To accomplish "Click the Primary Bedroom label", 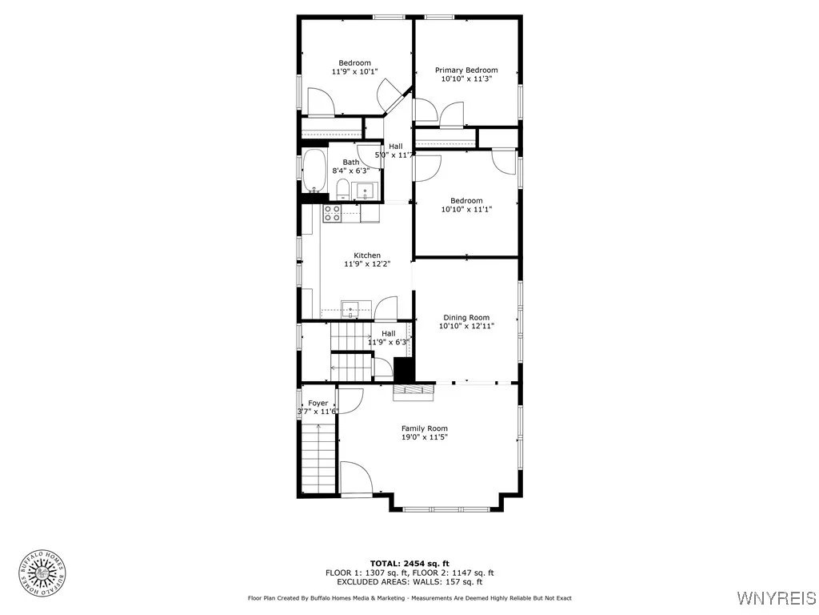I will pyautogui.click(x=466, y=70).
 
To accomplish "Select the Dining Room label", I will pyautogui.click(x=466, y=318).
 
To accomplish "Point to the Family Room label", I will pyautogui.click(x=425, y=428).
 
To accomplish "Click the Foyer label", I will pyautogui.click(x=318, y=403).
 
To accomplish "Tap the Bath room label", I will pyautogui.click(x=351, y=162).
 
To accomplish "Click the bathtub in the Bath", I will pyautogui.click(x=314, y=171).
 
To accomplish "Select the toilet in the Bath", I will pyautogui.click(x=342, y=189).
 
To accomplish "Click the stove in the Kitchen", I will pyautogui.click(x=331, y=213).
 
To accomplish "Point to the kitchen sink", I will pyautogui.click(x=351, y=308).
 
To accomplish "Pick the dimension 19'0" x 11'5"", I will pyautogui.click(x=425, y=438).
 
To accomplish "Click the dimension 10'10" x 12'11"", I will pyautogui.click(x=466, y=327).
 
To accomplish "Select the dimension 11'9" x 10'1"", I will pyautogui.click(x=354, y=72).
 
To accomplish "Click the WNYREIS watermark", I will pyautogui.click(x=776, y=597).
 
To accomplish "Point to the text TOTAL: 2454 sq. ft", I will pyautogui.click(x=409, y=563).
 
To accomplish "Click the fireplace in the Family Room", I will pyautogui.click(x=413, y=390).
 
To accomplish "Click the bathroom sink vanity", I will pyautogui.click(x=366, y=191).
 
